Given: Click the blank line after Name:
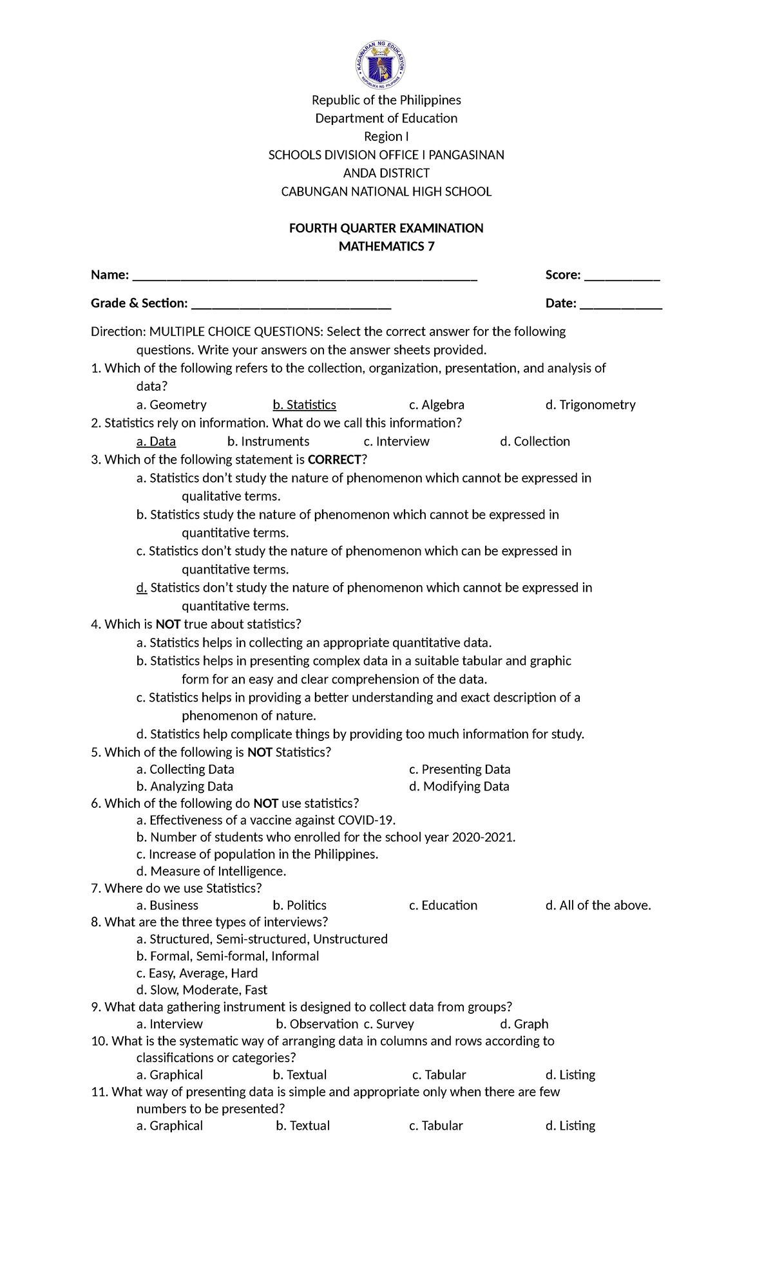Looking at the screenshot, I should click(304, 277).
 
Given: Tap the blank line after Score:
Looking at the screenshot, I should click(622, 277).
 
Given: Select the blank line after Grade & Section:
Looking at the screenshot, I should click(291, 305).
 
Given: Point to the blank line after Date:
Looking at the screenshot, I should click(621, 305).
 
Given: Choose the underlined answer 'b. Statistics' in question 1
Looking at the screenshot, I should click(304, 405).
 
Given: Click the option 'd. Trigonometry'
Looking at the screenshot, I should click(590, 405).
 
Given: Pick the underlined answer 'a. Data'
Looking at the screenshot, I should click(156, 442).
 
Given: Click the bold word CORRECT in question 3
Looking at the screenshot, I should click(334, 460).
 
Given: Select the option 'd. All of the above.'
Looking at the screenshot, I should click(598, 905).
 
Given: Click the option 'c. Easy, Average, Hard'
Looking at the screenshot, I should click(196, 973).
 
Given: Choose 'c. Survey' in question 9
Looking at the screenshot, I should click(388, 1024).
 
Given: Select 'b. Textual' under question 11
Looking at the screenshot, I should click(303, 1125).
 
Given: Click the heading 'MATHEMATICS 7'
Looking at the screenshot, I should click(386, 247).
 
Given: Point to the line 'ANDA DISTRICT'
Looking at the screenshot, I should click(386, 173).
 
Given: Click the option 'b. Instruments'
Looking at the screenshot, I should click(268, 442).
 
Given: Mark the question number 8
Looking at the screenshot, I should click(96, 922).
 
